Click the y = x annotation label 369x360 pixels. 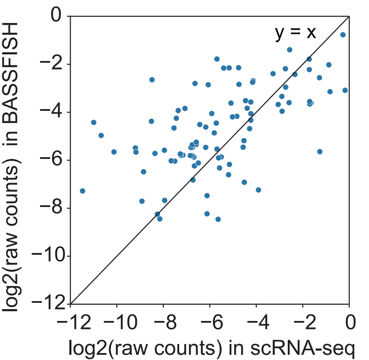tap(295, 33)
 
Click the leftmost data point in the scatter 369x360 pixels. tap(83, 191)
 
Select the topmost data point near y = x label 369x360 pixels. tap(343, 35)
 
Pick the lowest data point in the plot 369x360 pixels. tap(218, 219)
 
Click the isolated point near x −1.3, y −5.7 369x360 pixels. tap(320, 151)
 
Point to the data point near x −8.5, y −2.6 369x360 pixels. tap(152, 79)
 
